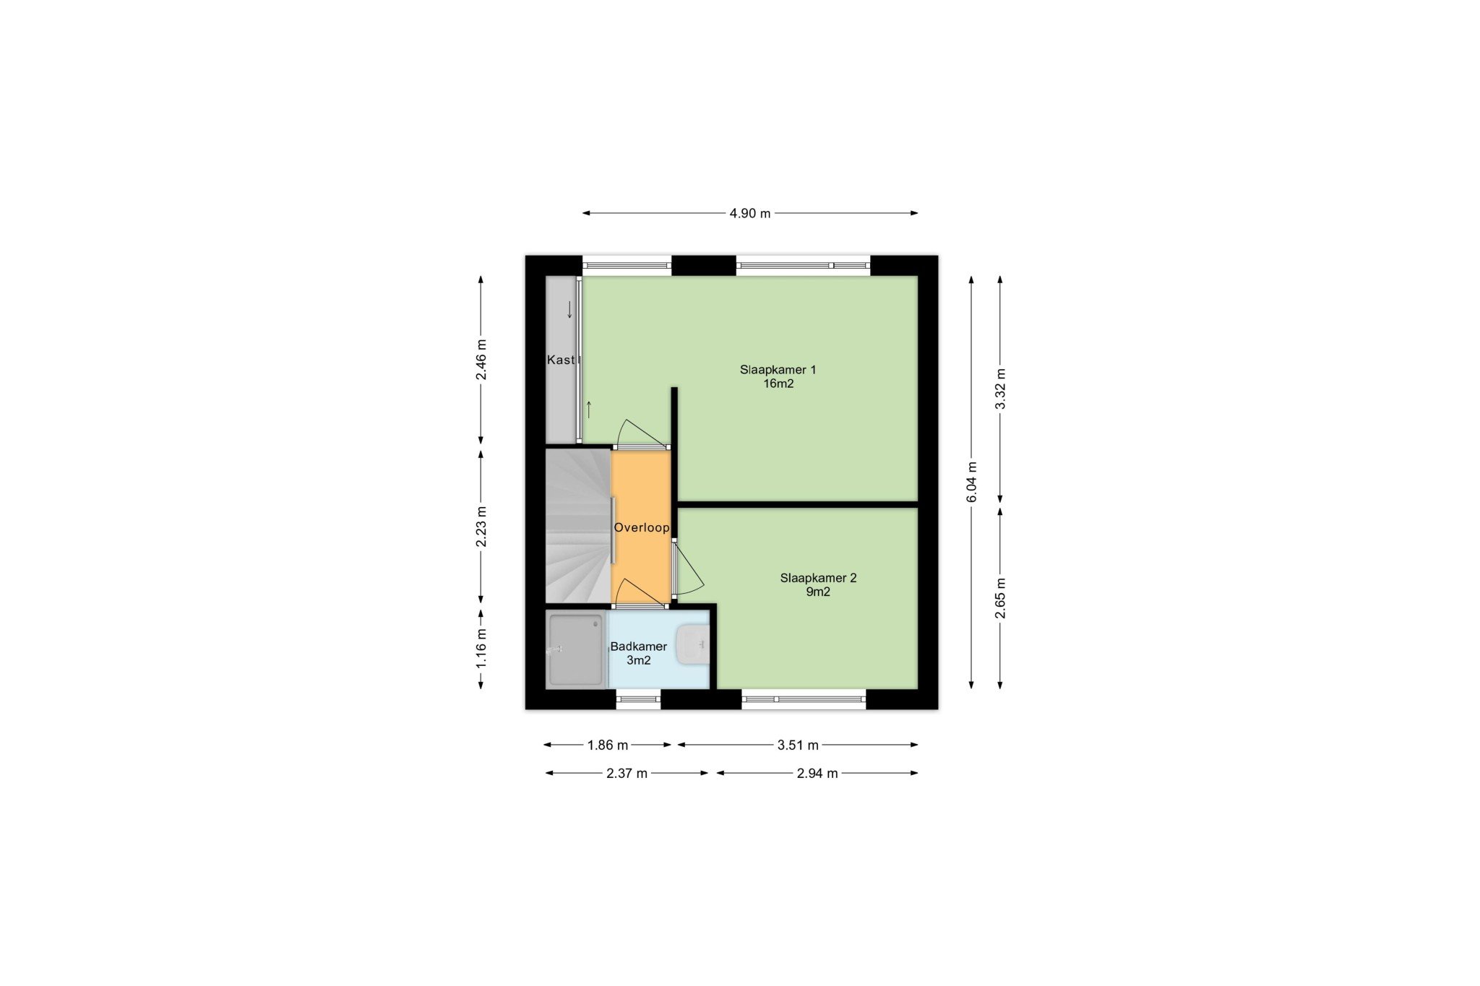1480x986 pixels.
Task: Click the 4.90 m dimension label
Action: (750, 213)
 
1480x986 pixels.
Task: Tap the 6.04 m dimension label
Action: (972, 482)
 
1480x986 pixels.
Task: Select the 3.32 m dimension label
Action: (1001, 389)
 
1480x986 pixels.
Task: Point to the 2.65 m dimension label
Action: (1001, 598)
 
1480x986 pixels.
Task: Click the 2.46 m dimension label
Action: (481, 359)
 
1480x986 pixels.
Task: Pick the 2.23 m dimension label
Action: (481, 527)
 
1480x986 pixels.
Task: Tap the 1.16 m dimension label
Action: (481, 648)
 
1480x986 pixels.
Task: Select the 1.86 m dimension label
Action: (608, 745)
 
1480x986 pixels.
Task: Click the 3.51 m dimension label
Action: (798, 745)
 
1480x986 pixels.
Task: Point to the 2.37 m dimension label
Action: (627, 774)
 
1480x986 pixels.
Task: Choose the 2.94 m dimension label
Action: (817, 774)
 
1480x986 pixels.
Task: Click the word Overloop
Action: (642, 527)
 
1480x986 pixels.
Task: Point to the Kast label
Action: (561, 360)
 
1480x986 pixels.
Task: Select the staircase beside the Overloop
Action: (578, 526)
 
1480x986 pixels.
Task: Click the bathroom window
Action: (638, 699)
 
